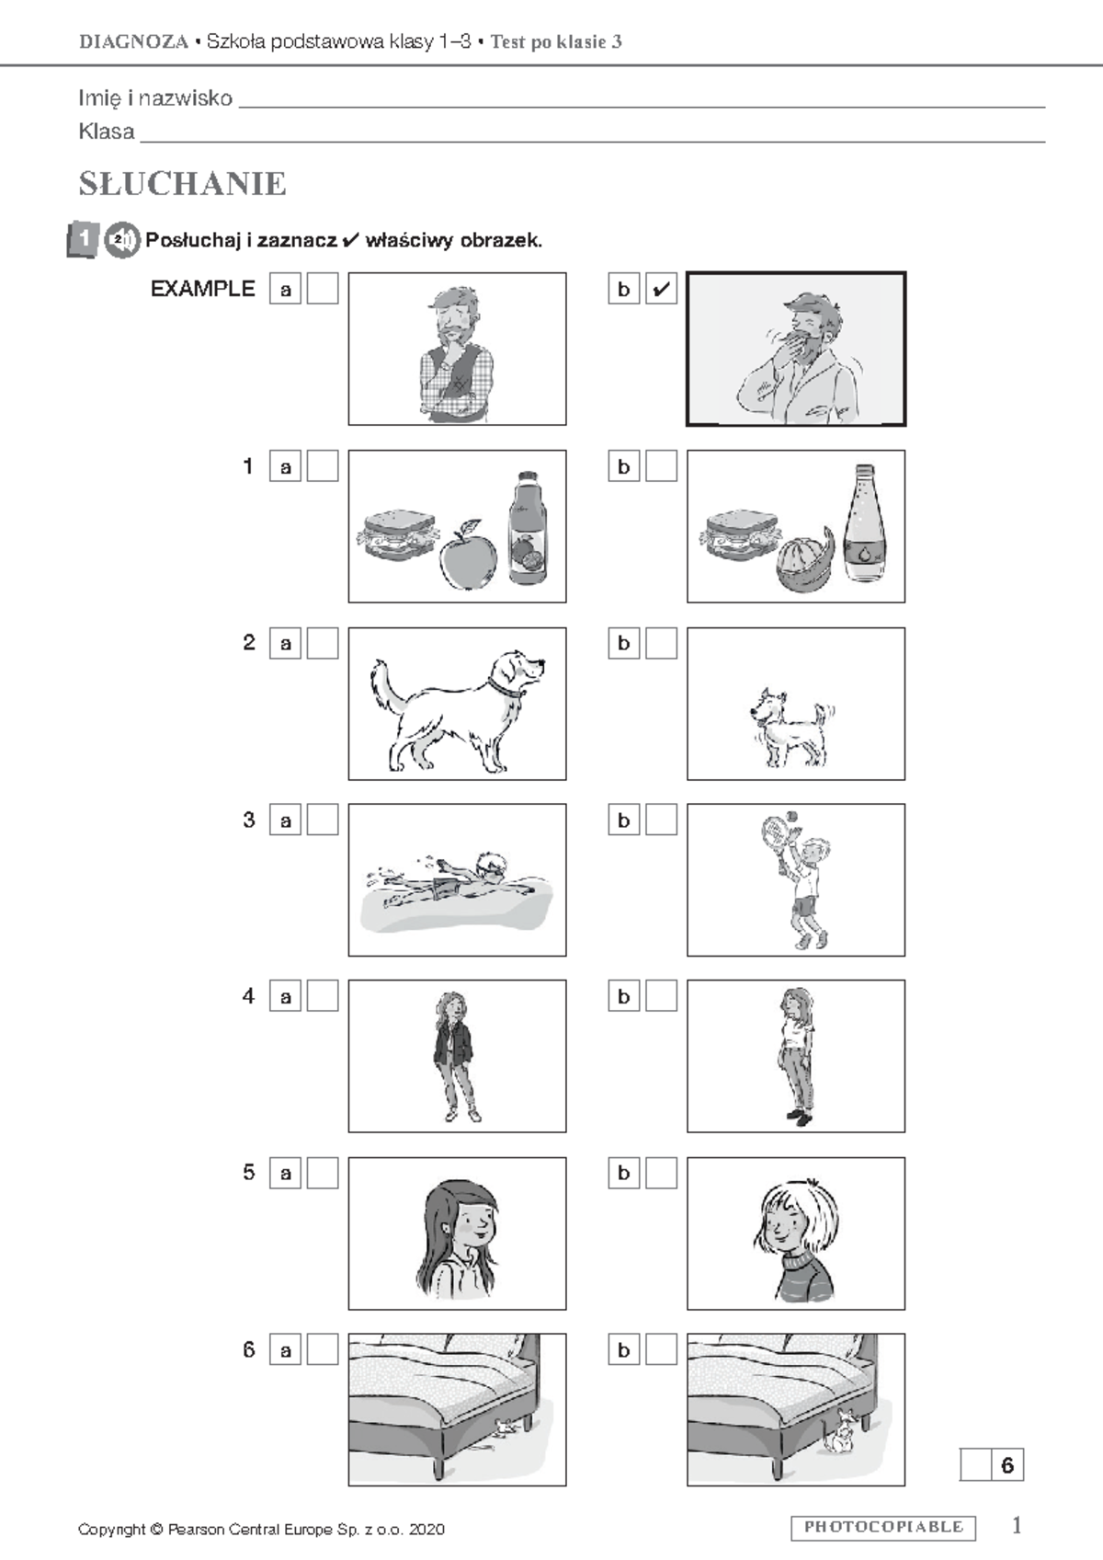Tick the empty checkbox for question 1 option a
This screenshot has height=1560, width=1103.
coord(323,466)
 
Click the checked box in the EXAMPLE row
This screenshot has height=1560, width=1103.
coord(661,288)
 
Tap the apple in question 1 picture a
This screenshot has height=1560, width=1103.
coord(469,555)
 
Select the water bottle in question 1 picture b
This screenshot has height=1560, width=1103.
coord(865,523)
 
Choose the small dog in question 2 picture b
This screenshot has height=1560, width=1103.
coord(792,728)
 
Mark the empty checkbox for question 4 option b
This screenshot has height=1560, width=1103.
coord(661,996)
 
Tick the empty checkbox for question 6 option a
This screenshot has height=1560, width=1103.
coord(323,1349)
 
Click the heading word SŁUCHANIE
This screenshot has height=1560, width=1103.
coord(182,184)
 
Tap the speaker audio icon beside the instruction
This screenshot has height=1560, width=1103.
coord(122,240)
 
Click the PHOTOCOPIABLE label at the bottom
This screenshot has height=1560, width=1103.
coord(884,1528)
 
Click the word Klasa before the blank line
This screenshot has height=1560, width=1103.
coord(107,131)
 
